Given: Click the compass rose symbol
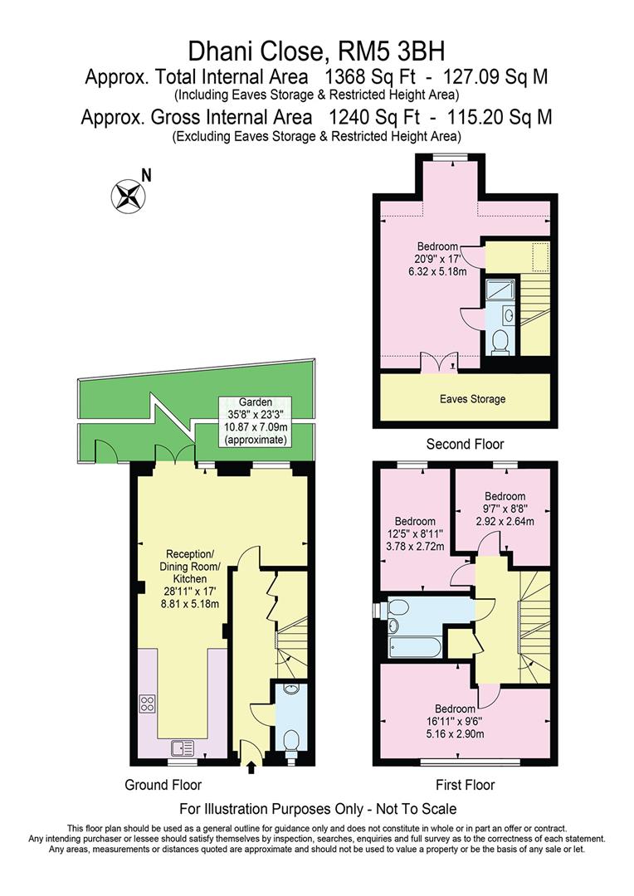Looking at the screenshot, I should coord(128,195).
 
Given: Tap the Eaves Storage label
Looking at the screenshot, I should coord(471,399).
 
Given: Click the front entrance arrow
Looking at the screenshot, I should coord(251,769).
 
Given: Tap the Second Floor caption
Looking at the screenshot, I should coord(459,444).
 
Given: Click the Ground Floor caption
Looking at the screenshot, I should coord(163,784).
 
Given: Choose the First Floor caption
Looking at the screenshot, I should coord(465,784).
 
